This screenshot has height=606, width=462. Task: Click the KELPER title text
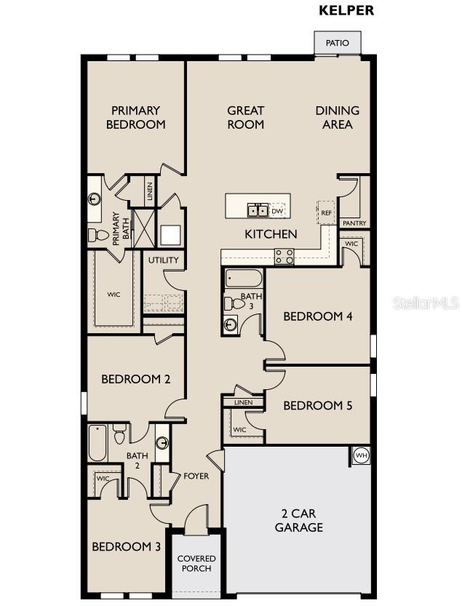346,11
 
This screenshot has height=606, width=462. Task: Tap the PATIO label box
337,43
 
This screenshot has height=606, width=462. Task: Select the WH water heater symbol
362,455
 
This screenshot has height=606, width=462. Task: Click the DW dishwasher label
277,212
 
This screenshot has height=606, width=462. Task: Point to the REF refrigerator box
327,212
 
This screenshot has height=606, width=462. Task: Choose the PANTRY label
354,223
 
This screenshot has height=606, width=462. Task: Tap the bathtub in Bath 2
98,443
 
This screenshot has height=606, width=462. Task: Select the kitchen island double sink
256,211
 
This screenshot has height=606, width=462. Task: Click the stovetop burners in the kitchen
284,256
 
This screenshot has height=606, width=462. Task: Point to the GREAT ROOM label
245,117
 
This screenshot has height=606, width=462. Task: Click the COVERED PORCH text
196,563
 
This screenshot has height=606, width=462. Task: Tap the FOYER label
196,477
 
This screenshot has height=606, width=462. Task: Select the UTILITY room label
164,260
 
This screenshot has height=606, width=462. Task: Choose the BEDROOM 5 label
317,405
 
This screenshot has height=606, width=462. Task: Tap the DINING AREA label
337,117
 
